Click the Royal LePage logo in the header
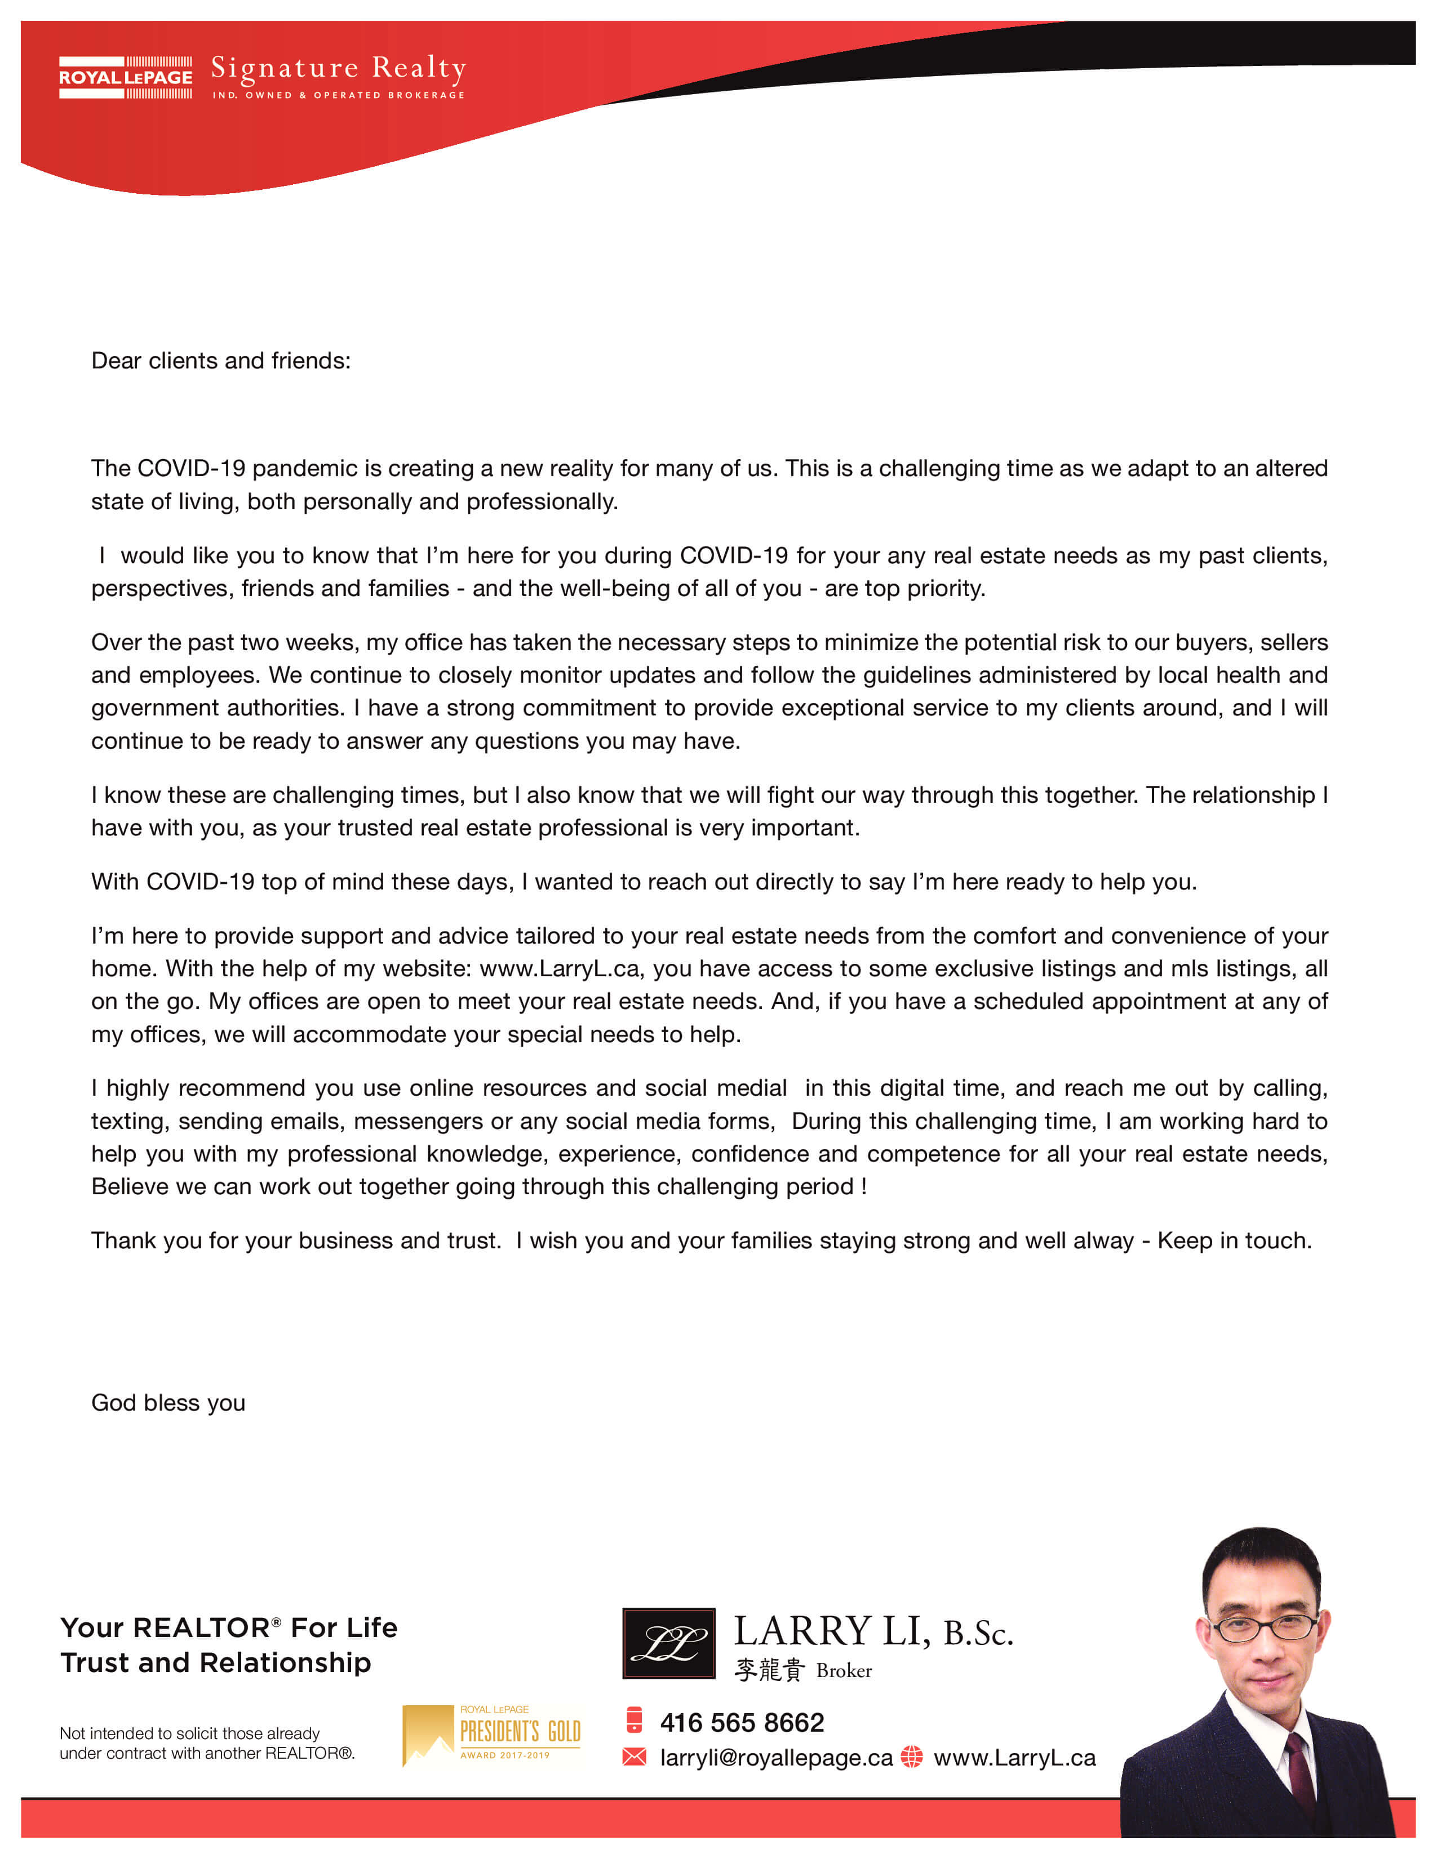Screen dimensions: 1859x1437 tap(125, 78)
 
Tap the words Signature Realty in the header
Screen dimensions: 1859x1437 tap(338, 68)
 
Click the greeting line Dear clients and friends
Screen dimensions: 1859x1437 tap(220, 361)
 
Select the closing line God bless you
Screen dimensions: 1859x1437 tap(168, 1402)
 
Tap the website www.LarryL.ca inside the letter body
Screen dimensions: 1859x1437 tap(560, 969)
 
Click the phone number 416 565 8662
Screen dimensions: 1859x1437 tap(742, 1723)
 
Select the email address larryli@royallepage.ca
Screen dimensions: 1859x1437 tap(775, 1758)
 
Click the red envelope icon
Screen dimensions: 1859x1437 tap(634, 1757)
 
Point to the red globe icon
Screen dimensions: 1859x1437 tap(912, 1757)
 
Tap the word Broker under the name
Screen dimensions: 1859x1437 tap(844, 1671)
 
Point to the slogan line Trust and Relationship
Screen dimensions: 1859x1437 tap(215, 1662)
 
